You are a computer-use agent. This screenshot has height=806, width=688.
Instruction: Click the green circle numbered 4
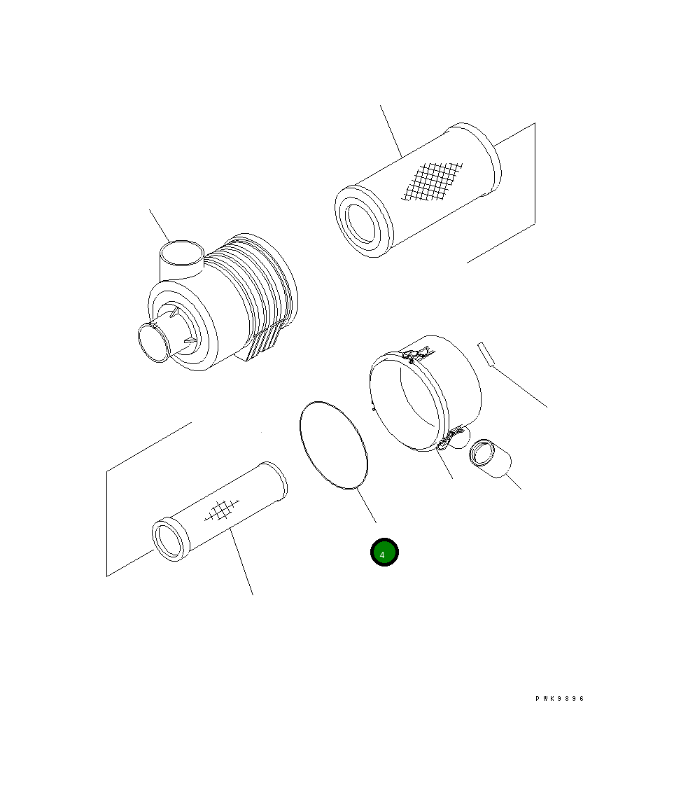coord(384,553)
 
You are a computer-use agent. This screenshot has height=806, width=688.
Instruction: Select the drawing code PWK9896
coord(559,698)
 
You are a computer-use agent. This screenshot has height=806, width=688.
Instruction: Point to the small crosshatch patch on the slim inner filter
coord(220,512)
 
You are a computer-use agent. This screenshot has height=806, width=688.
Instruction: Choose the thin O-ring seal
coord(332,445)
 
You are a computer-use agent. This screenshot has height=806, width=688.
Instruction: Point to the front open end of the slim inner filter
coord(170,540)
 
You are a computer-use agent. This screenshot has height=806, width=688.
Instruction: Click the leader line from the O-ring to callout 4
coord(366,505)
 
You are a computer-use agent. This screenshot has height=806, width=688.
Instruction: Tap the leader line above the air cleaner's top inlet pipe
coord(160,225)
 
